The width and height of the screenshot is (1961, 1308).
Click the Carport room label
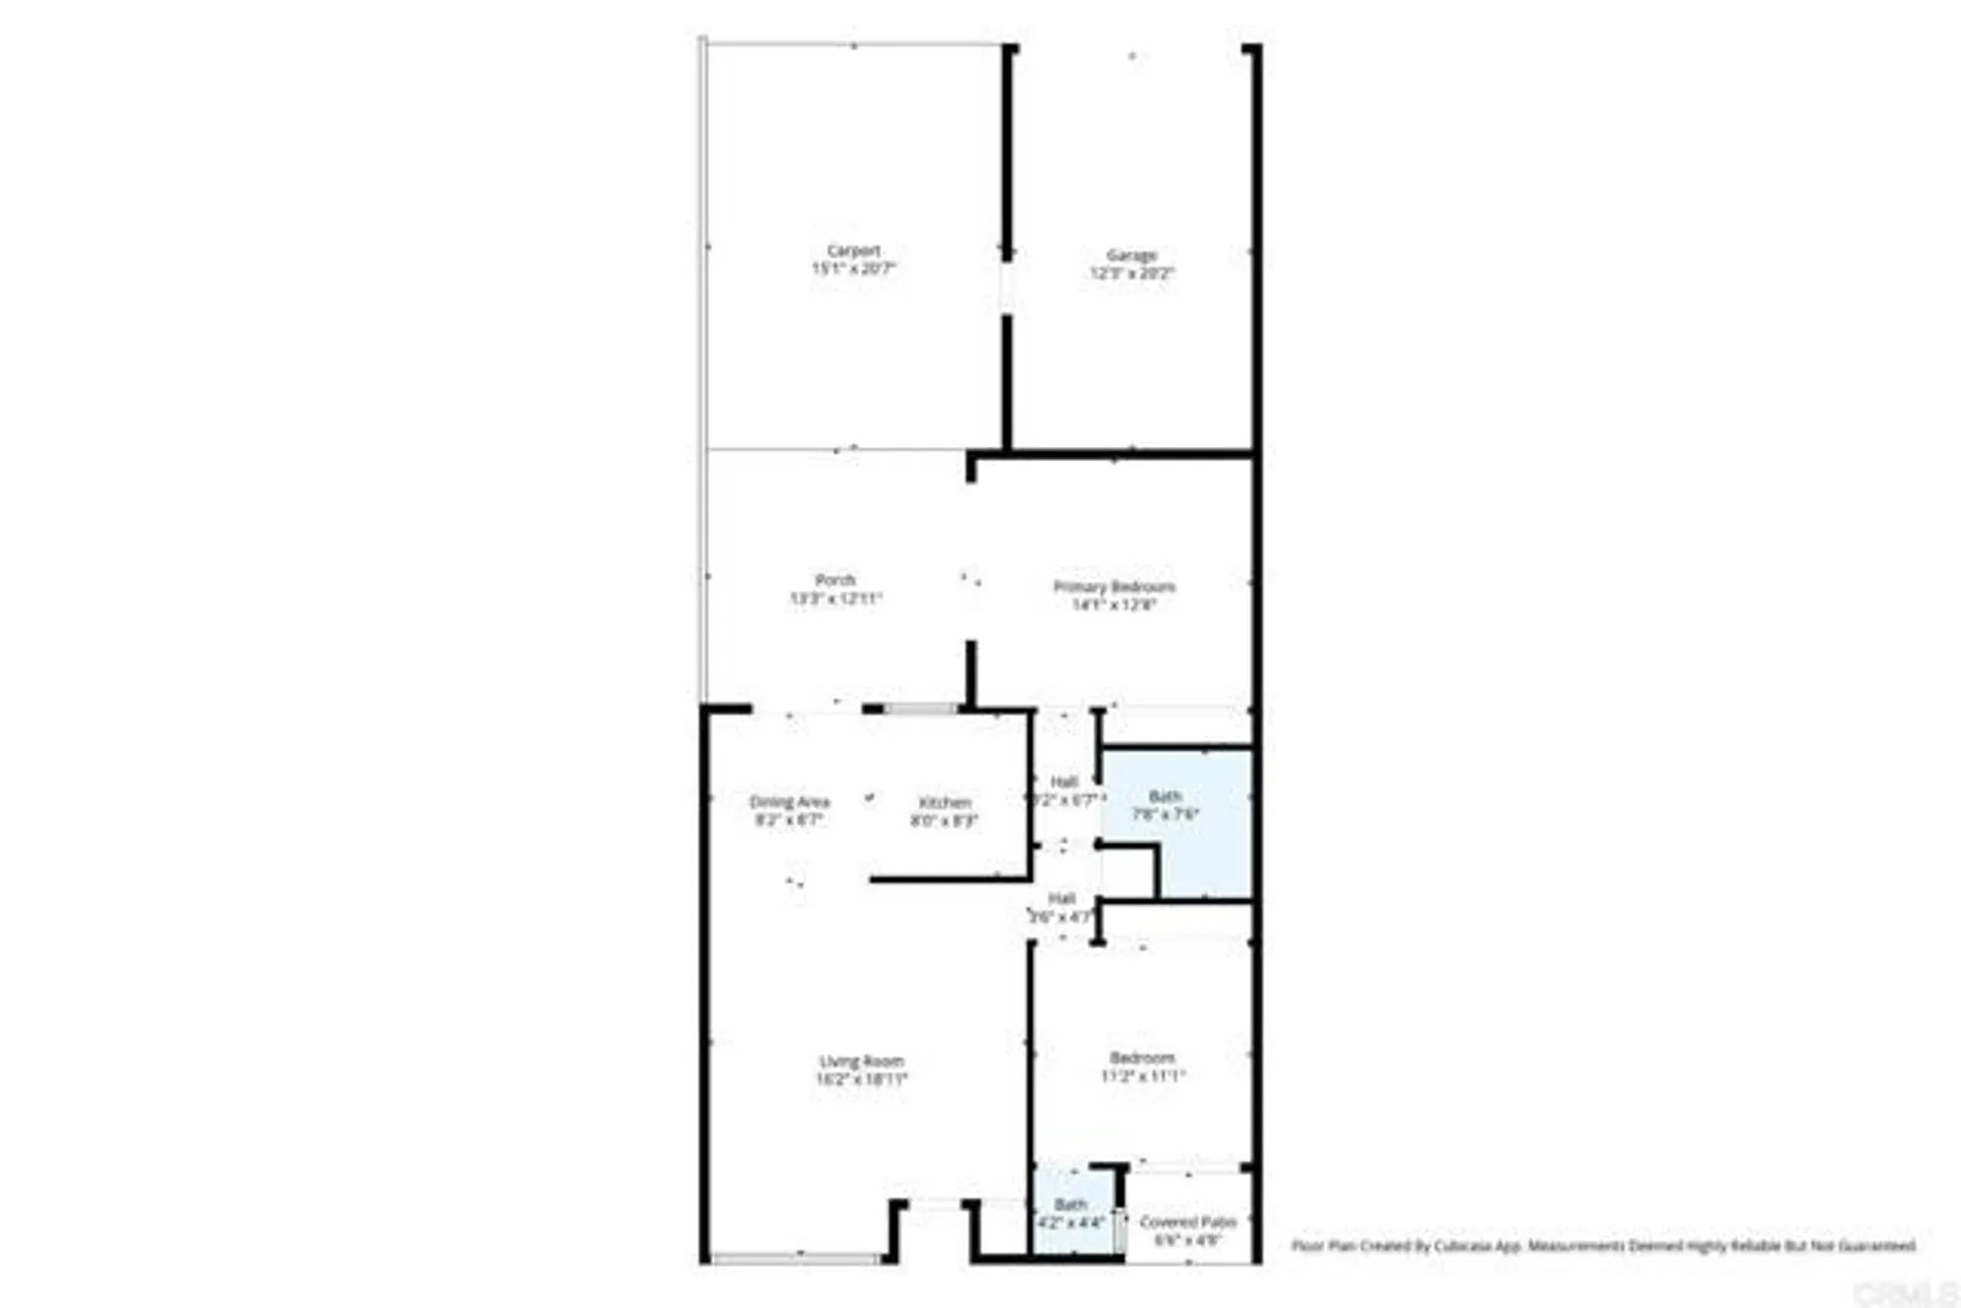coord(853,251)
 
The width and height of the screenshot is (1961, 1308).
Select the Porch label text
coord(835,580)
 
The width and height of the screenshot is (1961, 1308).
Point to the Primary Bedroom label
coord(1114,586)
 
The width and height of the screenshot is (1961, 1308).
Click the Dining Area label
coord(789,801)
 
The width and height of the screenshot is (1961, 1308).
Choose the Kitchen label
coord(944,803)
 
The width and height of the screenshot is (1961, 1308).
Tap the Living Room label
coord(862,1061)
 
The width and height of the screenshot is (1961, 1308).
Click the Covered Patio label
coord(1187,1222)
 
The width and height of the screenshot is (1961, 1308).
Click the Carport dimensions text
coord(853,269)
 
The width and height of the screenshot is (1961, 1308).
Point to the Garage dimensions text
coord(1131,274)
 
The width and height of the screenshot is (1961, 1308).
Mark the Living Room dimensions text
coord(862,1080)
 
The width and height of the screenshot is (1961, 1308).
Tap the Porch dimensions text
coord(835,598)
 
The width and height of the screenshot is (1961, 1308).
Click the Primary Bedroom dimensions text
coord(1114,605)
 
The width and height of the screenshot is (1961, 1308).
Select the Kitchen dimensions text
coord(944,821)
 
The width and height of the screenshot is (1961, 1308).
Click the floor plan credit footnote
coord(1603,1246)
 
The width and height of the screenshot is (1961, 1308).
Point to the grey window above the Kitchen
coord(921,709)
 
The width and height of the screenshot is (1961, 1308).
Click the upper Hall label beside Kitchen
coord(1064,781)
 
